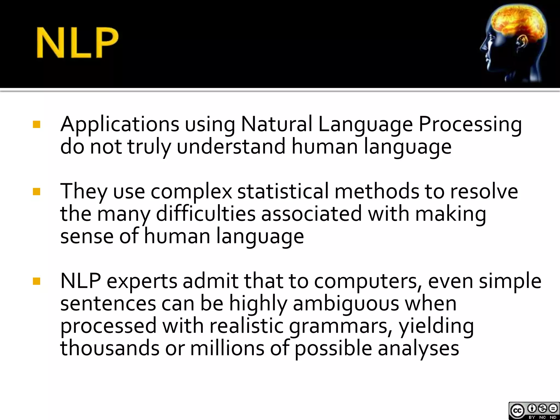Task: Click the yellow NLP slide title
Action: pyautogui.click(x=77, y=43)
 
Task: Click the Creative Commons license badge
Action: pyautogui.click(x=534, y=410)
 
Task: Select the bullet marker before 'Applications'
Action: pyautogui.click(x=36, y=125)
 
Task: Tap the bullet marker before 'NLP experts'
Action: pyautogui.click(x=36, y=281)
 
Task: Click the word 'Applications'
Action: pyautogui.click(x=120, y=125)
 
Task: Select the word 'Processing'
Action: pyautogui.click(x=470, y=125)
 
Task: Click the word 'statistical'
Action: pyautogui.click(x=283, y=191)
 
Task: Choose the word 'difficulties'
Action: pyautogui.click(x=206, y=214)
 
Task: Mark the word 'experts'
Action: pyautogui.click(x=142, y=282)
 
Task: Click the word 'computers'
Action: pyautogui.click(x=369, y=282)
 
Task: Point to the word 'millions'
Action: pyautogui.click(x=227, y=348)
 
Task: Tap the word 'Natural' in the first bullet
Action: pyautogui.click(x=276, y=124)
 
